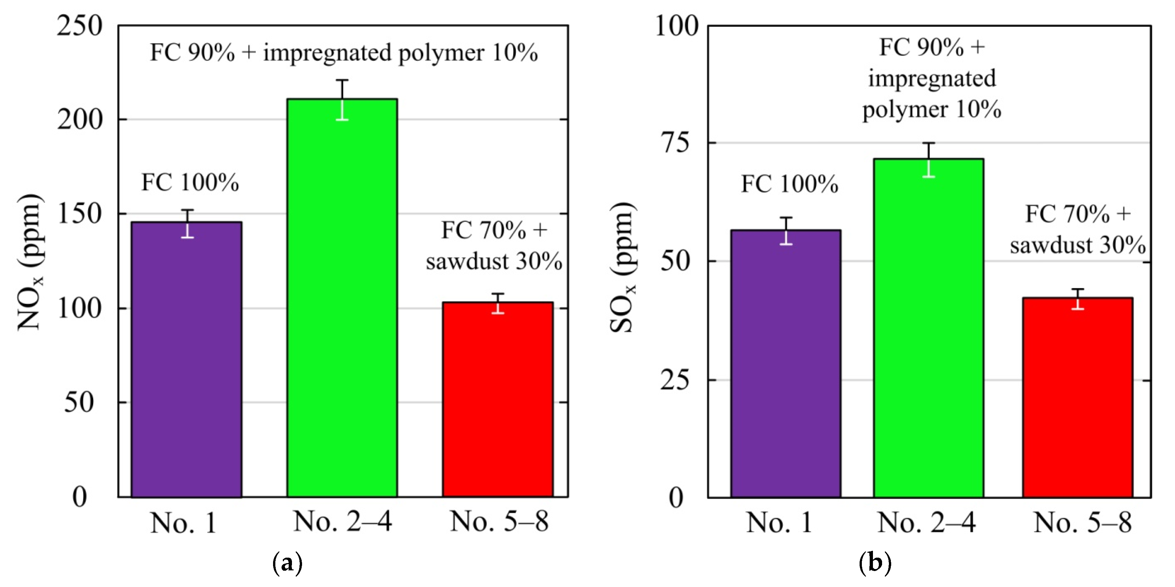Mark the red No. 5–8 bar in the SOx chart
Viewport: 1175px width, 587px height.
point(1077,397)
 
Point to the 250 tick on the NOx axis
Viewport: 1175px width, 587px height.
point(80,26)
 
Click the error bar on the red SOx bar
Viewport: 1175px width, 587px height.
point(1077,299)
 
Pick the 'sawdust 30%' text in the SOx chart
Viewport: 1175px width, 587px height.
point(1077,246)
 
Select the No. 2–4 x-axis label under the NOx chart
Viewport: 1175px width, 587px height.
point(342,521)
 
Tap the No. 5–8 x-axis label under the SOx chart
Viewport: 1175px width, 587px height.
point(1082,522)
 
